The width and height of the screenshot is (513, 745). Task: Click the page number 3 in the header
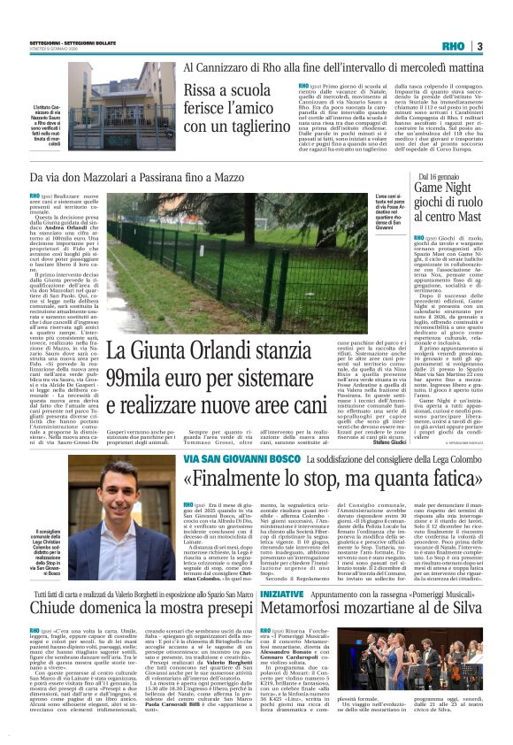(479, 46)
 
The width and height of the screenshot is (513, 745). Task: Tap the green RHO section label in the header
(453, 46)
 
